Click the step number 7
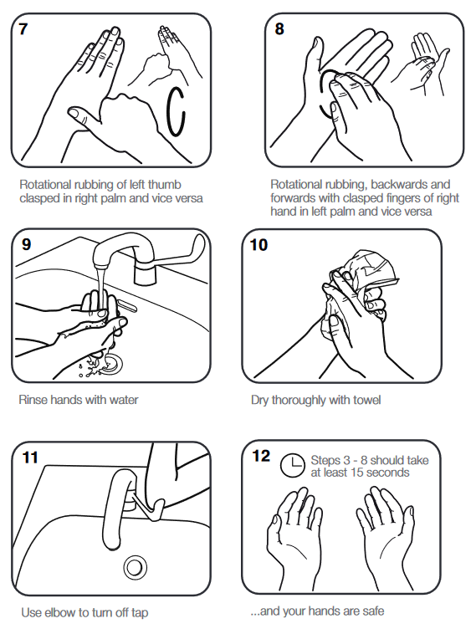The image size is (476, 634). pos(23,28)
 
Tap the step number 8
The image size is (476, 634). pos(279,28)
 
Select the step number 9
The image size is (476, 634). pos(25,245)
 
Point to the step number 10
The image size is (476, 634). pos(259,245)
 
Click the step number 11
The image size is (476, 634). pos(30,458)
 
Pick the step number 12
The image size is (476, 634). pos(261,456)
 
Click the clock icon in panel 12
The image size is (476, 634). pos(292,465)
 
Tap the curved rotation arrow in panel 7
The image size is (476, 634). pos(176,109)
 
